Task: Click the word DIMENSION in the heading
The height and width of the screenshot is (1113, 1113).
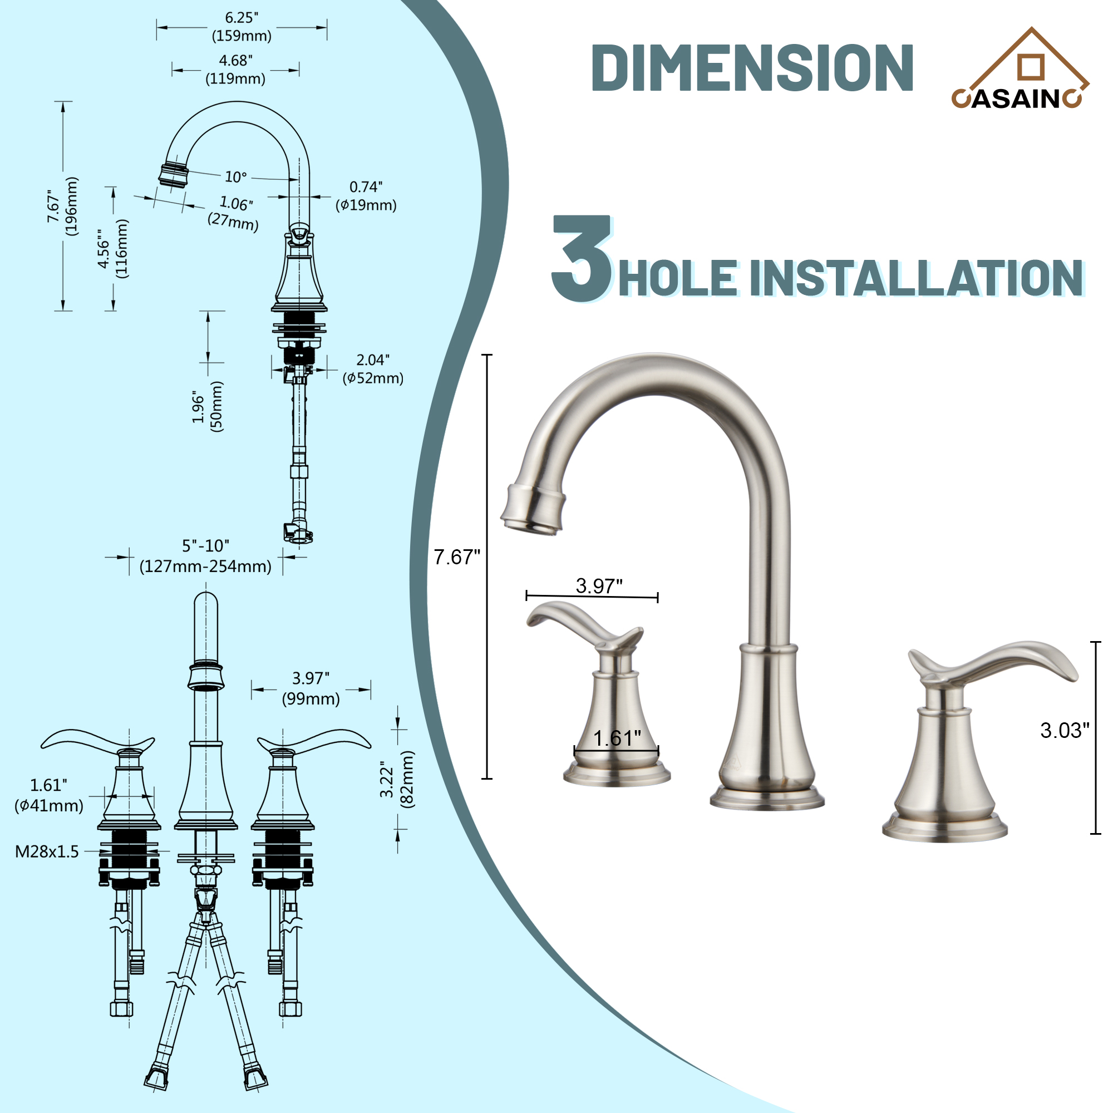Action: coord(752,68)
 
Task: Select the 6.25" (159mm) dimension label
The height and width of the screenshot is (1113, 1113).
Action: coord(242,27)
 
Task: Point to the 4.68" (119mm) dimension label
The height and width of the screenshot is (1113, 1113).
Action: coord(235,70)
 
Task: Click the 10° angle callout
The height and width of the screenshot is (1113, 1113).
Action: coord(235,177)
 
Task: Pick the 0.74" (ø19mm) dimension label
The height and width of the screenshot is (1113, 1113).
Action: coord(366,196)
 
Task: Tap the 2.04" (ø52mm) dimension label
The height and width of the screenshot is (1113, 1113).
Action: coord(373,369)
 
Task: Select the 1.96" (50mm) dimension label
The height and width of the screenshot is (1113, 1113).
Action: coord(208,406)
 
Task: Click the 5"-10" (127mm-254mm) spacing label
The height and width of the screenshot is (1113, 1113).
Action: coord(205,556)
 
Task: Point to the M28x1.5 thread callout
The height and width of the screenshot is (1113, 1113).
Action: coord(47,851)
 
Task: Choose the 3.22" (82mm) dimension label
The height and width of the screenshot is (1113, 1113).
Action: coord(396,780)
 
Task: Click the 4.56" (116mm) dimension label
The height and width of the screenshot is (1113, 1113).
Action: coord(112,249)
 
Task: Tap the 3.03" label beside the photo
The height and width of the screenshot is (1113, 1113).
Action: coord(1065,731)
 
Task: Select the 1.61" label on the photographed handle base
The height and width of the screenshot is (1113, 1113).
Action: coord(617,738)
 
